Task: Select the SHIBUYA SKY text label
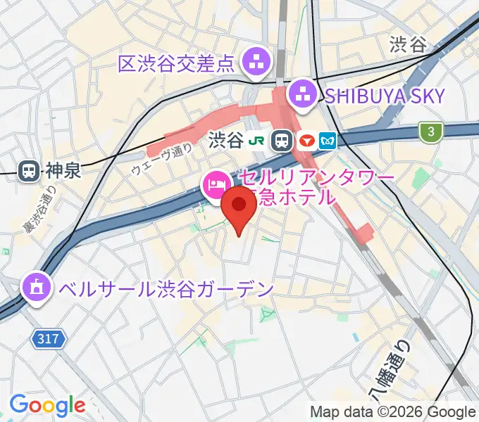[x=384, y=95]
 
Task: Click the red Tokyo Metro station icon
[x=306, y=141]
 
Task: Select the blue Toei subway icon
[x=328, y=141]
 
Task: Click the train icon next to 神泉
[x=29, y=170]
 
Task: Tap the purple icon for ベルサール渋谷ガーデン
[x=34, y=287]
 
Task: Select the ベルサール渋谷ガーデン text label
[x=165, y=288]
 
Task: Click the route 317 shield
[x=49, y=340]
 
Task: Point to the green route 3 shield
[x=429, y=130]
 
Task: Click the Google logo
[x=47, y=405]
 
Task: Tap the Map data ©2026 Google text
[x=393, y=412]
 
